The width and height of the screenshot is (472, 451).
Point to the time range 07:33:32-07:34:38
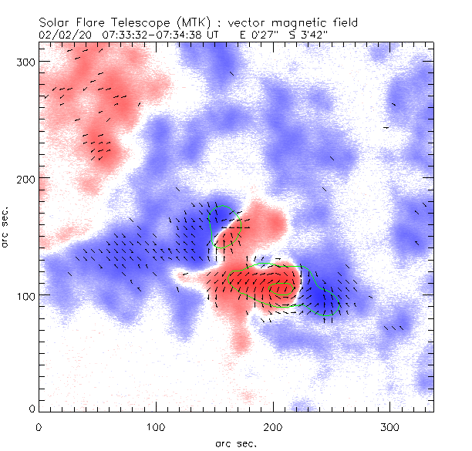158,35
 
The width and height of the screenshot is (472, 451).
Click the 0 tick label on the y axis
32,408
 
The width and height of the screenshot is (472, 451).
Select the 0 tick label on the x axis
39,426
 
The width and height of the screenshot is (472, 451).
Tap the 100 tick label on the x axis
156,426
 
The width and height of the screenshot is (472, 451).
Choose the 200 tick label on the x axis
273,426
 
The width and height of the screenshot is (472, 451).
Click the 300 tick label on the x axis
390,426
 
